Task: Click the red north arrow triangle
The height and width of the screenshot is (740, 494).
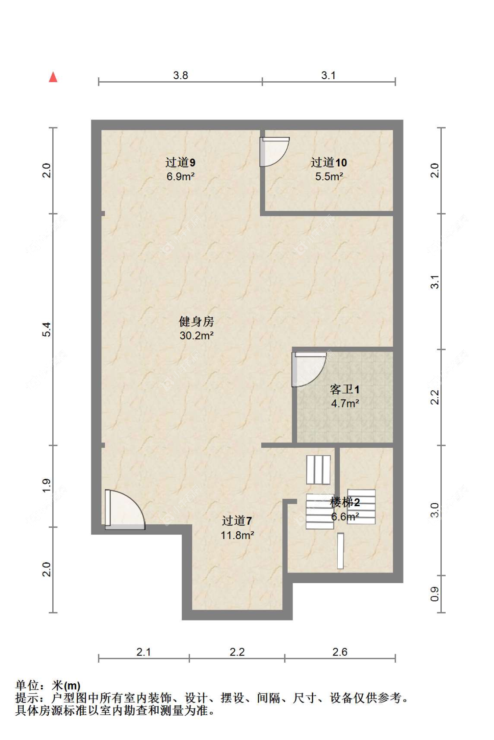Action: point(53,77)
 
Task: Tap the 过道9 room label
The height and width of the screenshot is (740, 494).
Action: point(180,163)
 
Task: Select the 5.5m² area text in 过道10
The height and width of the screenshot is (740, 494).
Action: point(329,177)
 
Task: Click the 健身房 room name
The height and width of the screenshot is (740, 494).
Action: point(196,322)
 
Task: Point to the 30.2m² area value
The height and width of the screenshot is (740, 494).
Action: point(196,336)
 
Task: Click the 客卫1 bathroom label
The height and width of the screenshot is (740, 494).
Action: point(345,389)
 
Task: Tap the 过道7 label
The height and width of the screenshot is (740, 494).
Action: point(237,521)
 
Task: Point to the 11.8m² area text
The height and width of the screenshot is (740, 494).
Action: point(237,535)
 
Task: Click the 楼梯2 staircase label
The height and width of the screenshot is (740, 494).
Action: point(345,502)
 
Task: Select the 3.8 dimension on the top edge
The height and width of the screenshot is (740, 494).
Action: point(180,75)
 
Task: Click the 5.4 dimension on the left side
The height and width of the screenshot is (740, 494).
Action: point(47,329)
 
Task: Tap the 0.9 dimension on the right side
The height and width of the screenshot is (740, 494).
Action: point(434,594)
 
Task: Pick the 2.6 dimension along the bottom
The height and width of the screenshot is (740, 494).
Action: point(339,652)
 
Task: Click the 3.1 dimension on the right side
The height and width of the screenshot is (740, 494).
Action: point(434,282)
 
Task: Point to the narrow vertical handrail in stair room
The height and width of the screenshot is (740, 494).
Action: point(340,551)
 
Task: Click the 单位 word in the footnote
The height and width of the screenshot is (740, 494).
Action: point(27,686)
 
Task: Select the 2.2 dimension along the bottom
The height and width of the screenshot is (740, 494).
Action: point(237,652)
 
